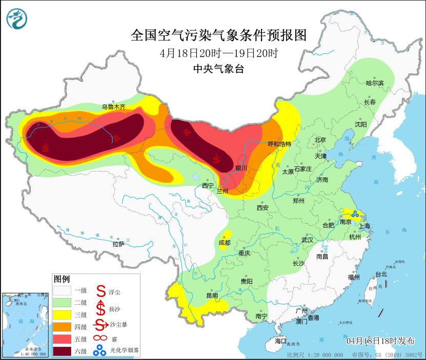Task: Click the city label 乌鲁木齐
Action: tap(113, 107)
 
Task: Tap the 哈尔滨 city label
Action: tap(374, 83)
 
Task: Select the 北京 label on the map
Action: tap(320, 140)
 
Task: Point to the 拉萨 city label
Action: tap(118, 244)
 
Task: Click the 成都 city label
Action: tap(225, 242)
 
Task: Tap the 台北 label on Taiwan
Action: tap(381, 274)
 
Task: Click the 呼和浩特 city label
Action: tap(279, 144)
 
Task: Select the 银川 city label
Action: tap(241, 168)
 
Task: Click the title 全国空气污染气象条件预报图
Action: tap(219, 35)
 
